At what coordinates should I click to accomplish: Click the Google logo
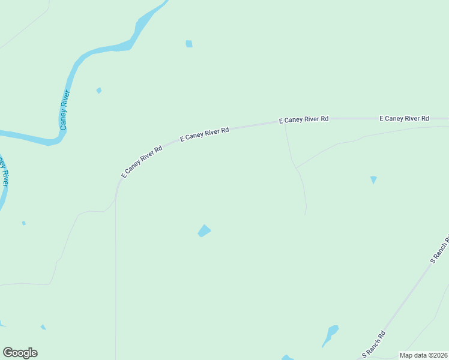(20, 353)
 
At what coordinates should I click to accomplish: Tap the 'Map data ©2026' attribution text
(423, 355)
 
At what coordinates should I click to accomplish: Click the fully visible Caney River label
(65, 110)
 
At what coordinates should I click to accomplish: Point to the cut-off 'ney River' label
(4, 172)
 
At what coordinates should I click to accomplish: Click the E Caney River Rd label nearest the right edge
(404, 119)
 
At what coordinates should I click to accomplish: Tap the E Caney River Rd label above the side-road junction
(304, 119)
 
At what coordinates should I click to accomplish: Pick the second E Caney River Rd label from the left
(205, 134)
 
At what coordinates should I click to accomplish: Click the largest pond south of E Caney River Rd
(204, 231)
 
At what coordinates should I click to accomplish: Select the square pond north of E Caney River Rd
(189, 44)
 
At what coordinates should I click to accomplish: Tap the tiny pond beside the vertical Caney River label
(99, 91)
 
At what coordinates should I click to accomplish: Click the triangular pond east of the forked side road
(373, 179)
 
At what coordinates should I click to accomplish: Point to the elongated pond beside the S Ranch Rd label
(330, 335)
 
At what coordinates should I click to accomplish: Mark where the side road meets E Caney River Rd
(285, 124)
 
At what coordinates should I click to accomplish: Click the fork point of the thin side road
(295, 168)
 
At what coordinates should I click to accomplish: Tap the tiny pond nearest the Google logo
(43, 327)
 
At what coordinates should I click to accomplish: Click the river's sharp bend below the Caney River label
(56, 142)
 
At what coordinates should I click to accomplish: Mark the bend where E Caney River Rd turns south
(118, 187)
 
